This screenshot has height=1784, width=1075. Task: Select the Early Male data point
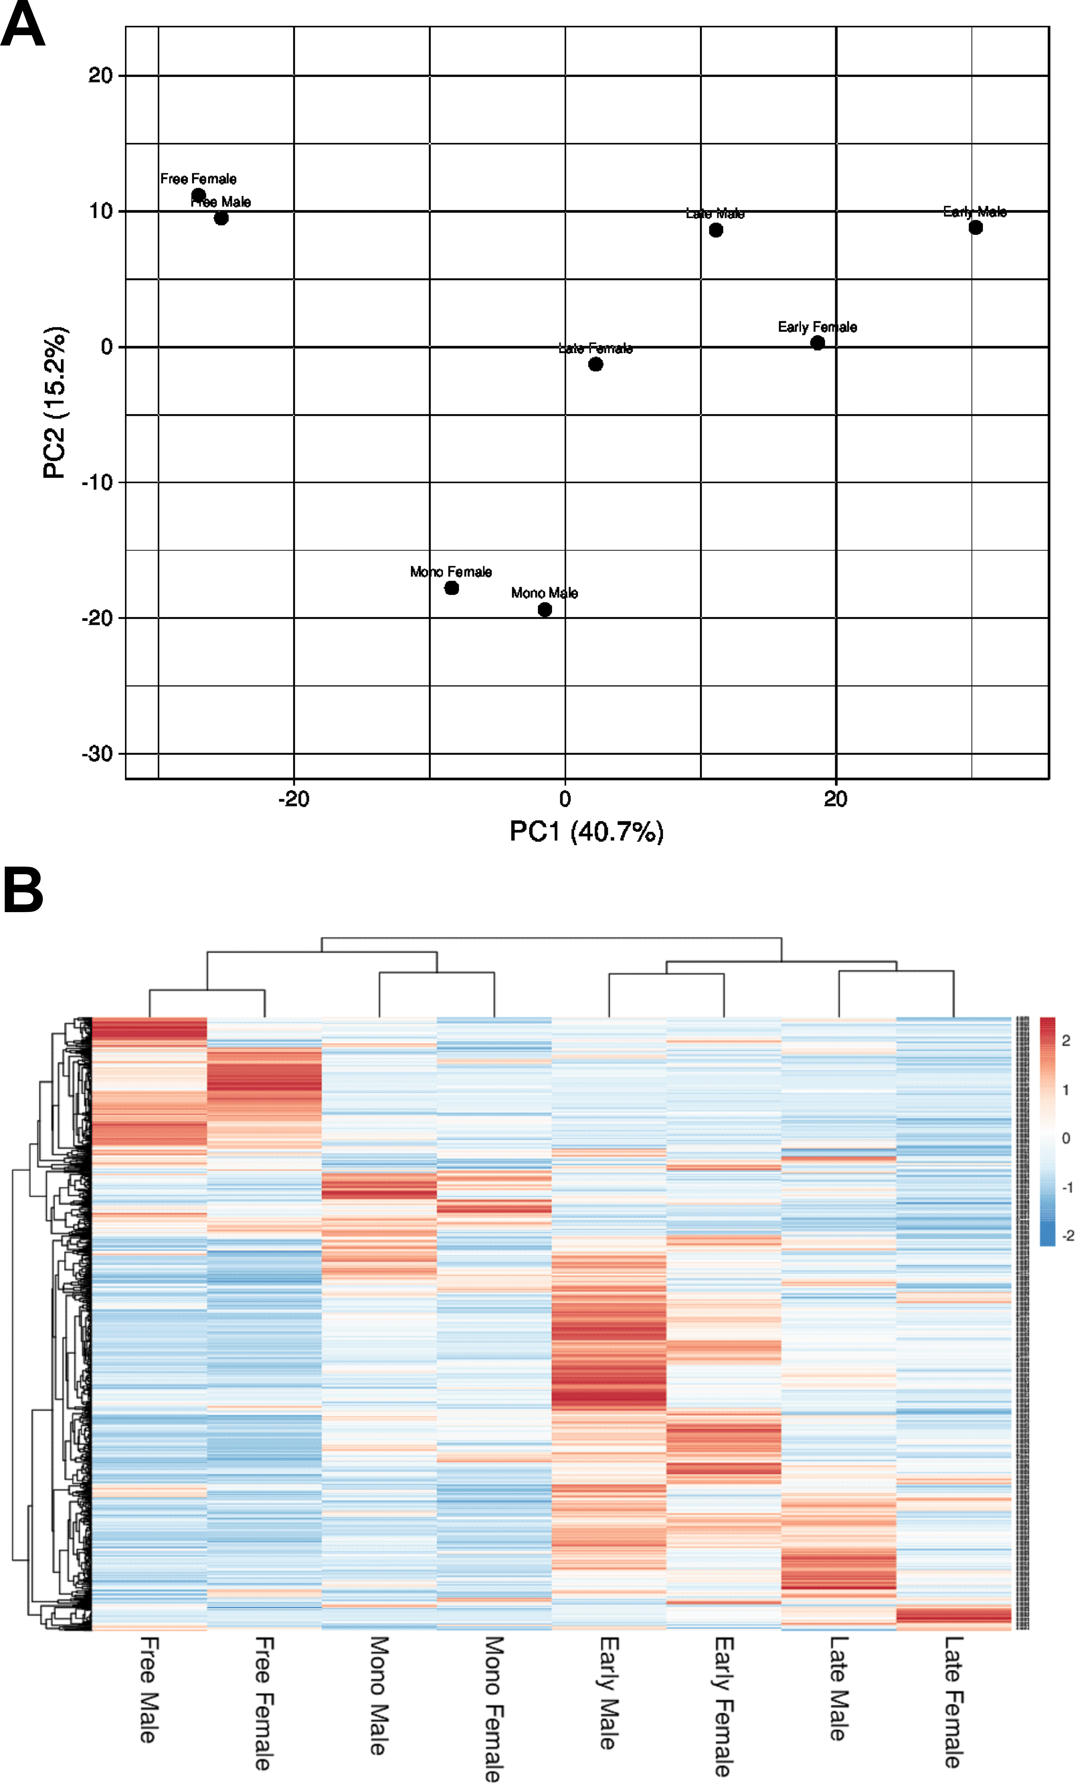[x=975, y=227]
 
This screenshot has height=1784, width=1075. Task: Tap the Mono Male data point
[x=544, y=610]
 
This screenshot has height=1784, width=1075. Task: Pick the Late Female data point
[x=595, y=364]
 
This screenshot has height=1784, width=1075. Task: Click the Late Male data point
[x=715, y=230]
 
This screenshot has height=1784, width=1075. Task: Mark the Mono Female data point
[x=451, y=588]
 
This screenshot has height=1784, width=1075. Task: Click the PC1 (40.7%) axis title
[x=586, y=831]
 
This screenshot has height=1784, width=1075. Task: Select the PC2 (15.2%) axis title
[x=55, y=403]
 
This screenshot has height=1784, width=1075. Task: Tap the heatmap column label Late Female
[x=953, y=1701]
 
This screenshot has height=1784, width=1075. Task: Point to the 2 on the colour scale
[x=1065, y=1040]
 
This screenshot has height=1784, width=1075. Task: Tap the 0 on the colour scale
[x=1065, y=1138]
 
